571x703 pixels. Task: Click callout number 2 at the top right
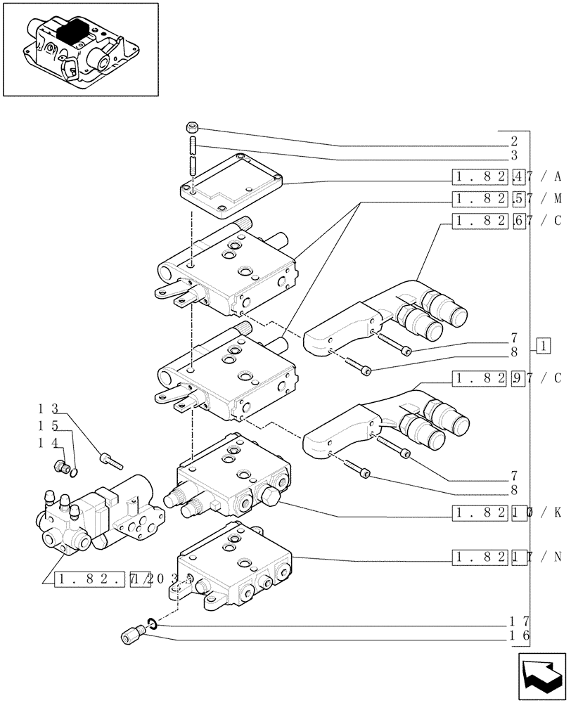pos(514,140)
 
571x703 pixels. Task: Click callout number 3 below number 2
pos(514,155)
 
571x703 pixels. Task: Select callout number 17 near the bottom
pos(518,621)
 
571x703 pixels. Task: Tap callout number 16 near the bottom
pos(518,636)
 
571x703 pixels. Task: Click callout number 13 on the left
pos(48,408)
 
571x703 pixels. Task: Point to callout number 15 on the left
pos(48,425)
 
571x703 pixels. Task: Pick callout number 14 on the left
pos(48,443)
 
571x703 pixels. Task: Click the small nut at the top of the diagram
pos(193,127)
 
